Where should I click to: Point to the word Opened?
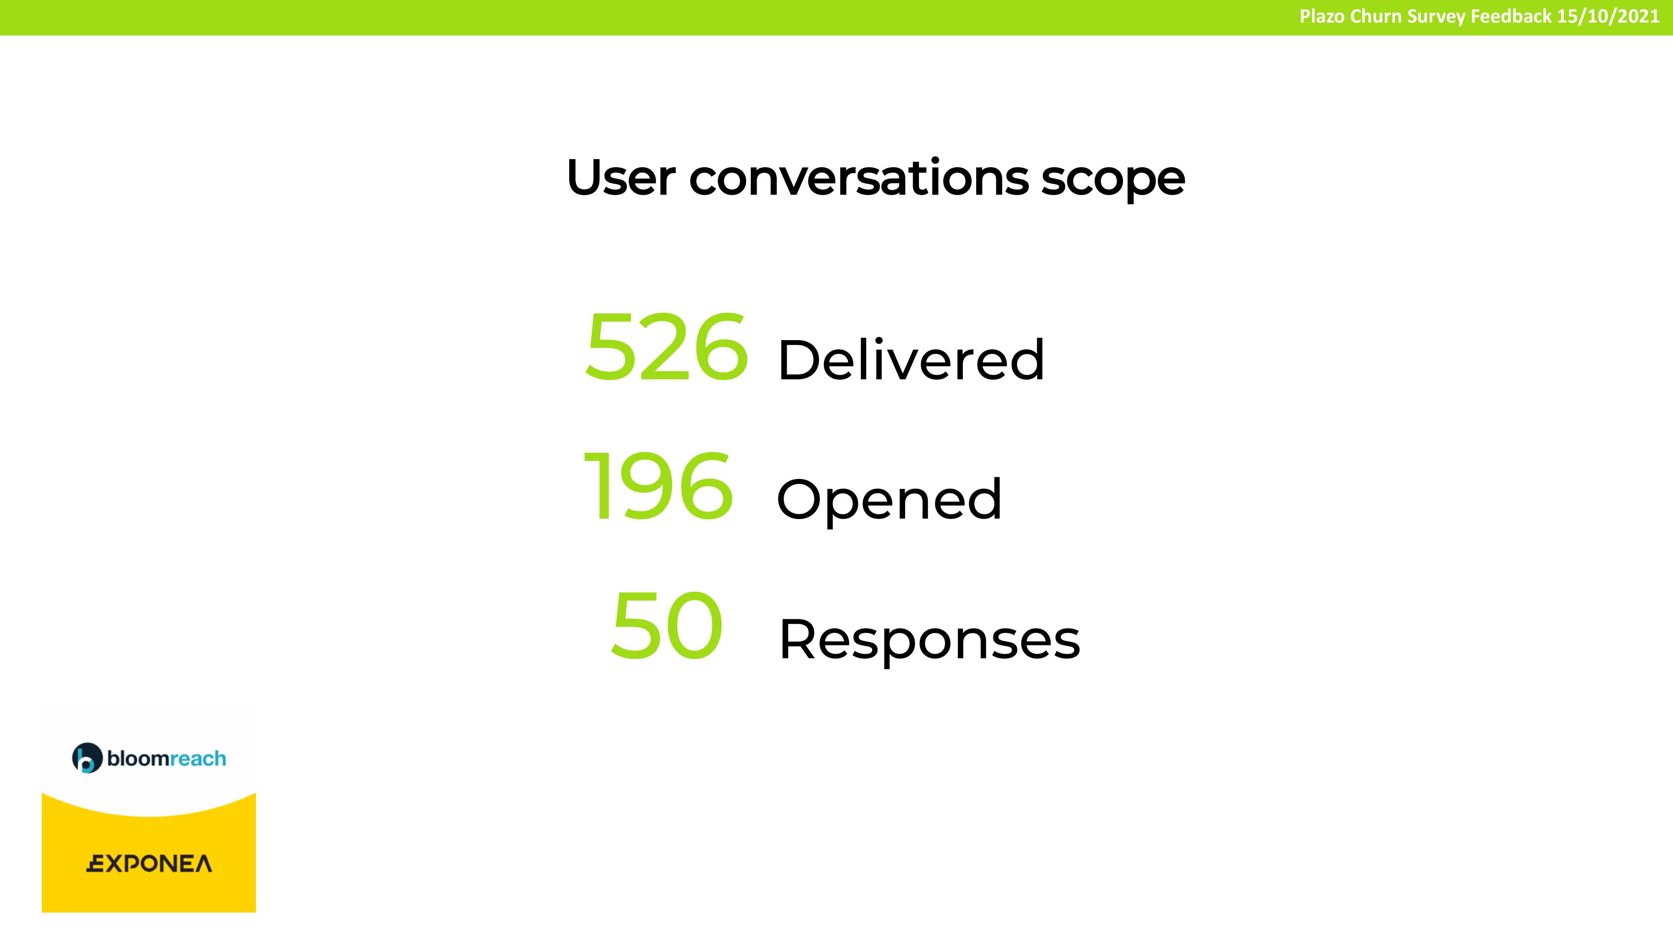coord(889,500)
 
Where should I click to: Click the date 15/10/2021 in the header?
coord(1608,16)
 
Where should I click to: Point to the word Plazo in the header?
coord(1322,16)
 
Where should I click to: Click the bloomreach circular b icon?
coord(87,758)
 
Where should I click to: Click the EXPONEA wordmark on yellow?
coord(149,864)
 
